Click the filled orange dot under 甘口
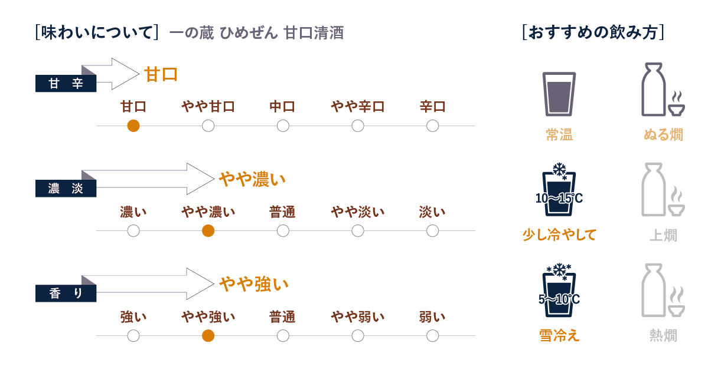(x=133, y=126)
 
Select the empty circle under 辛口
(x=432, y=126)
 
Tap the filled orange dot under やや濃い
(x=208, y=231)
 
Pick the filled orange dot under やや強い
(x=208, y=336)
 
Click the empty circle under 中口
(x=283, y=126)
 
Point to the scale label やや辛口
(x=357, y=107)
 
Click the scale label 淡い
(x=432, y=212)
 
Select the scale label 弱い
(x=432, y=317)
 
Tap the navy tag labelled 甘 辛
(x=66, y=84)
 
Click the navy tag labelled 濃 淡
(x=66, y=189)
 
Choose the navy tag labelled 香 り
(x=66, y=294)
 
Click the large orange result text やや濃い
(x=252, y=179)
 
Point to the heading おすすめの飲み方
(x=593, y=32)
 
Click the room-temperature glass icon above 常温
(x=559, y=94)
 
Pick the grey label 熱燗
(x=663, y=336)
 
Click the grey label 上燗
(x=663, y=236)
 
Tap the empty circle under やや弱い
(x=357, y=336)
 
